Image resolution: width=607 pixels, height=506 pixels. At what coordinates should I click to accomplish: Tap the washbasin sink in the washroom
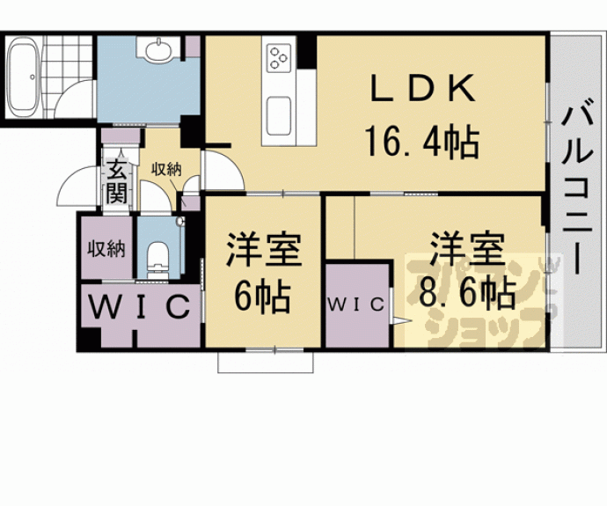[x=158, y=51]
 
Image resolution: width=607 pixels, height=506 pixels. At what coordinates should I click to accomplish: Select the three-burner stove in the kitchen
[x=278, y=58]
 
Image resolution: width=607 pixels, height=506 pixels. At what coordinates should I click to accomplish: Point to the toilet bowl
[x=159, y=256]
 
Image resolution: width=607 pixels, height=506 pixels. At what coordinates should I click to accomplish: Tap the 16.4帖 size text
[x=421, y=141]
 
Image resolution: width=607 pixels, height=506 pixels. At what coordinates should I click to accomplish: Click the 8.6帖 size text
[x=465, y=292]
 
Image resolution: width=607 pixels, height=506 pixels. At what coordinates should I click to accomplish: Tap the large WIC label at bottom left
[x=139, y=309]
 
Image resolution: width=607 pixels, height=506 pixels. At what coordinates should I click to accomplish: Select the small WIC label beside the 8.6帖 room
[x=356, y=305]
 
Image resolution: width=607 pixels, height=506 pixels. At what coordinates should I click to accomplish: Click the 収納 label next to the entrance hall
[x=165, y=169]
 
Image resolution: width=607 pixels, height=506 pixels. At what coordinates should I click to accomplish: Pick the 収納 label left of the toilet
[x=106, y=249]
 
